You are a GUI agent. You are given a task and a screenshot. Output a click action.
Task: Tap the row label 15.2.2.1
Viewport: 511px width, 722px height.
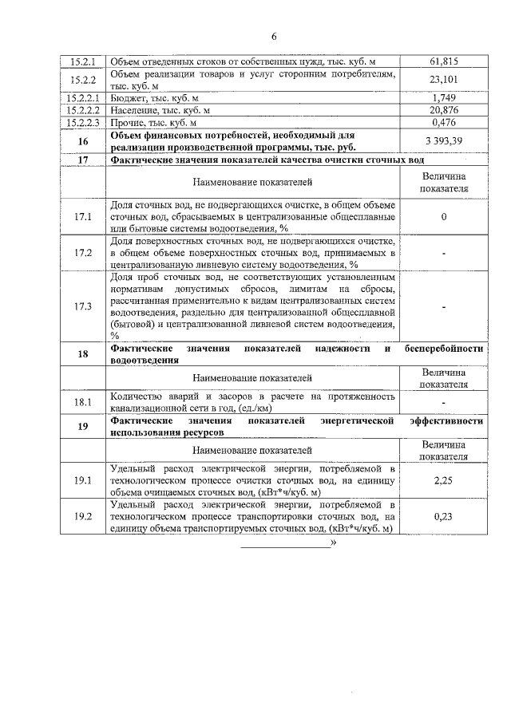point(83,97)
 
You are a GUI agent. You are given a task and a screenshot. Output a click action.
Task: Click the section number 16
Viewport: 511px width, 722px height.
point(83,141)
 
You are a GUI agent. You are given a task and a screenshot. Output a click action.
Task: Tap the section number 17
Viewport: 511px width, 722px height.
point(83,160)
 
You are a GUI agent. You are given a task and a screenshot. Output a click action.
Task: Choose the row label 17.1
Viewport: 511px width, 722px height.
point(83,217)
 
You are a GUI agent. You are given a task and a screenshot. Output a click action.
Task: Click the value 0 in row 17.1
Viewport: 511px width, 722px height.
point(443,217)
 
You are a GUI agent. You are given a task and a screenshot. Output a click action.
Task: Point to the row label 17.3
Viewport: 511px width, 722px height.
point(83,306)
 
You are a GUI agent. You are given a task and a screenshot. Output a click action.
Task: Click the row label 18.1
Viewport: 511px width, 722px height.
point(83,403)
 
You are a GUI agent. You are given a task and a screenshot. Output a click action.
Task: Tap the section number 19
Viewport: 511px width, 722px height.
point(83,426)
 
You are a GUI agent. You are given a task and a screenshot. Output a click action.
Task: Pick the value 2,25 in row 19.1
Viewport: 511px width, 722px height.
point(443,480)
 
